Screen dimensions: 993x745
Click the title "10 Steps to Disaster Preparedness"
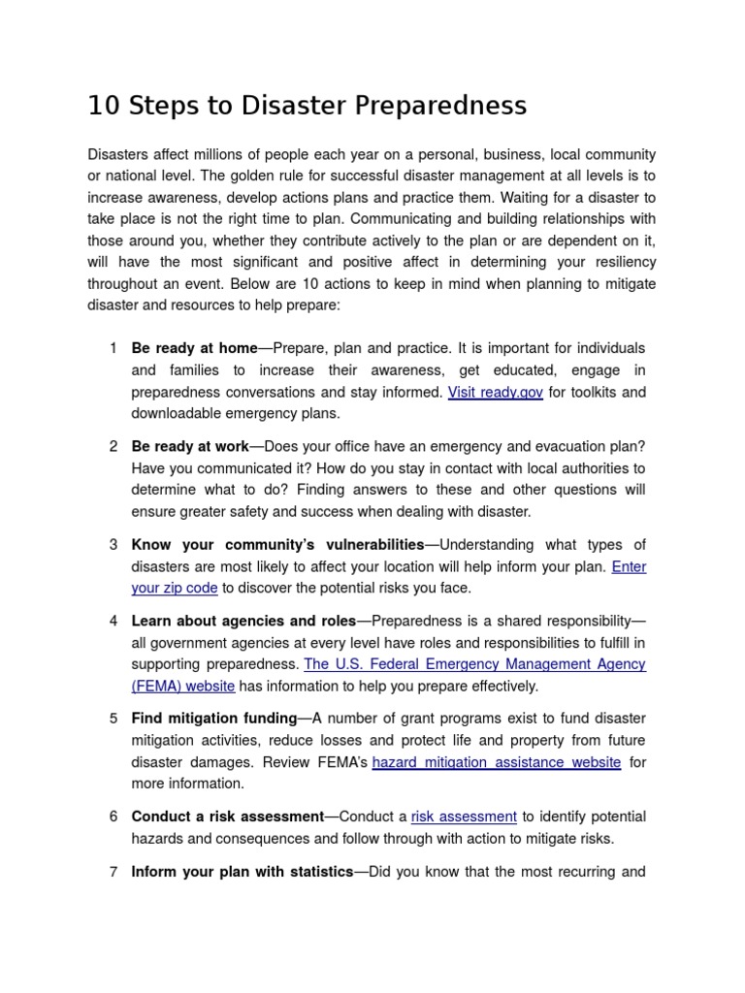pyautogui.click(x=307, y=106)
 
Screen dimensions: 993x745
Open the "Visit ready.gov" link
pyautogui.click(x=495, y=393)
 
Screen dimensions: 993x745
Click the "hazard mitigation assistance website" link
pyautogui.click(x=496, y=762)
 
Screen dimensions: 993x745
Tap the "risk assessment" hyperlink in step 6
pyautogui.click(x=464, y=817)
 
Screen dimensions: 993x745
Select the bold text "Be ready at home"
pyautogui.click(x=194, y=348)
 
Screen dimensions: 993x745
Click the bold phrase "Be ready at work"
pyautogui.click(x=190, y=446)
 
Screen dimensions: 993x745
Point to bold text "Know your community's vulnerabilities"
pyautogui.click(x=277, y=545)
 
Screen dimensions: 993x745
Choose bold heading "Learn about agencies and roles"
pyautogui.click(x=244, y=621)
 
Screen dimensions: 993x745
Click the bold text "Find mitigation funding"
pyautogui.click(x=213, y=719)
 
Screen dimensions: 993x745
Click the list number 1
pyautogui.click(x=113, y=348)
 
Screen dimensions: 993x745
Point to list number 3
pyautogui.click(x=113, y=545)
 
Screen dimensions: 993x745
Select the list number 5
pyautogui.click(x=113, y=719)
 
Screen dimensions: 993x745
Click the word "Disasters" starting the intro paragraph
pyautogui.click(x=120, y=155)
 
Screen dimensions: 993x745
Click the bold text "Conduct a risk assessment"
pyautogui.click(x=227, y=817)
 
